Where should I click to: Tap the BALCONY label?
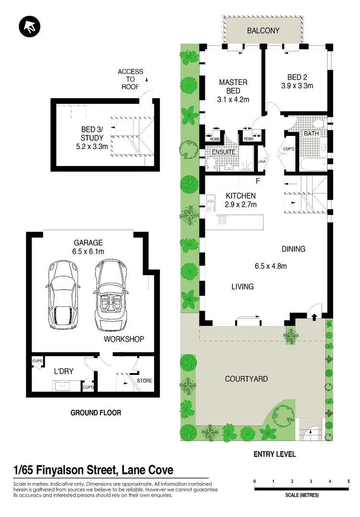[x=263, y=31]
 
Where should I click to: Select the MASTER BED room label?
[x=233, y=86]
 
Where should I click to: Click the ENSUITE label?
[x=224, y=152]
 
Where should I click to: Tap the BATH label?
[x=312, y=134]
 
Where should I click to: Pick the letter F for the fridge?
[x=258, y=181]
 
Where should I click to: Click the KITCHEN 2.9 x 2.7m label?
[x=241, y=200]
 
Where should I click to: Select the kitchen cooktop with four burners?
[x=223, y=220]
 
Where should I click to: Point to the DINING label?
[x=293, y=249]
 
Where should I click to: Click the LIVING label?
[x=242, y=287]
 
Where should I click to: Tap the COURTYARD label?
[x=246, y=379]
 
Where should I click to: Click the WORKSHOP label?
[x=124, y=339]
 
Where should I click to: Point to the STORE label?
[x=145, y=381]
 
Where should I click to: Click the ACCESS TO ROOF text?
[x=130, y=79]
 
